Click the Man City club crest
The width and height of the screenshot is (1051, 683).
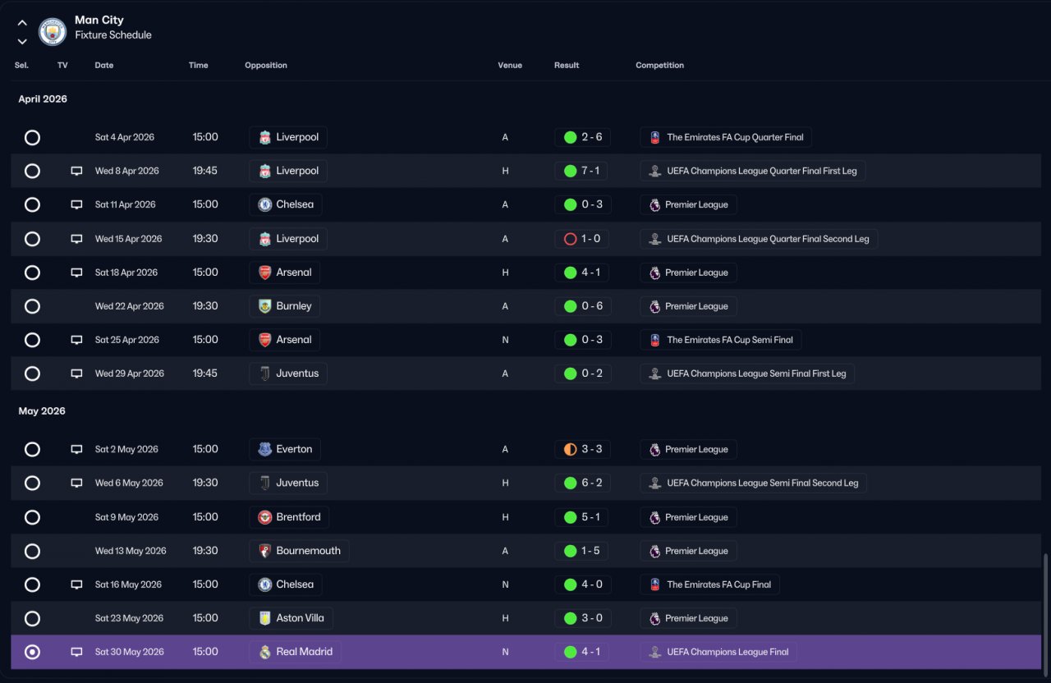(x=52, y=31)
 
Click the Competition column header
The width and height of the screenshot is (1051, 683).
(x=659, y=65)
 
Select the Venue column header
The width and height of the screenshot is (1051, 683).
(x=510, y=65)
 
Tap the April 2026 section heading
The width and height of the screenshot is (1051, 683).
(x=43, y=99)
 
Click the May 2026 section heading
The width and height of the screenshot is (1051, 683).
(x=42, y=411)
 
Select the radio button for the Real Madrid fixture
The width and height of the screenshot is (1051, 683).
(x=32, y=652)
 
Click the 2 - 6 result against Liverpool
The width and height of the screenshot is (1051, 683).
(x=592, y=137)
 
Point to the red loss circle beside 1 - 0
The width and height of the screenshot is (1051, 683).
(x=570, y=239)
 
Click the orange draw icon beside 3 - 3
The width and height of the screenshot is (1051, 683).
(x=570, y=449)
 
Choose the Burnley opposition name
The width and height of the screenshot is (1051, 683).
(x=294, y=306)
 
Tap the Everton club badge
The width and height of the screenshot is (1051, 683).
(x=264, y=449)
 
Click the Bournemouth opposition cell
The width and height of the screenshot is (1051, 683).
(x=299, y=551)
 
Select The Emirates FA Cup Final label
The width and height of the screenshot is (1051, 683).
(x=718, y=584)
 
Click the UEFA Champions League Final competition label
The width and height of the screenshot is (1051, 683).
(x=727, y=652)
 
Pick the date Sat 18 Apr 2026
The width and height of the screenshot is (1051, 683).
(x=126, y=273)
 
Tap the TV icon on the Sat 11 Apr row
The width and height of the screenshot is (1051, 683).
(x=76, y=204)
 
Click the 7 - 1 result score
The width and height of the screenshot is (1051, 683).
(x=590, y=171)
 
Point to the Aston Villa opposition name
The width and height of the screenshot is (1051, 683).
(x=300, y=618)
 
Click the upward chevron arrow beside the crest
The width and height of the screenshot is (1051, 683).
(x=22, y=22)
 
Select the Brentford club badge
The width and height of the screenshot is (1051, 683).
(x=264, y=517)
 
